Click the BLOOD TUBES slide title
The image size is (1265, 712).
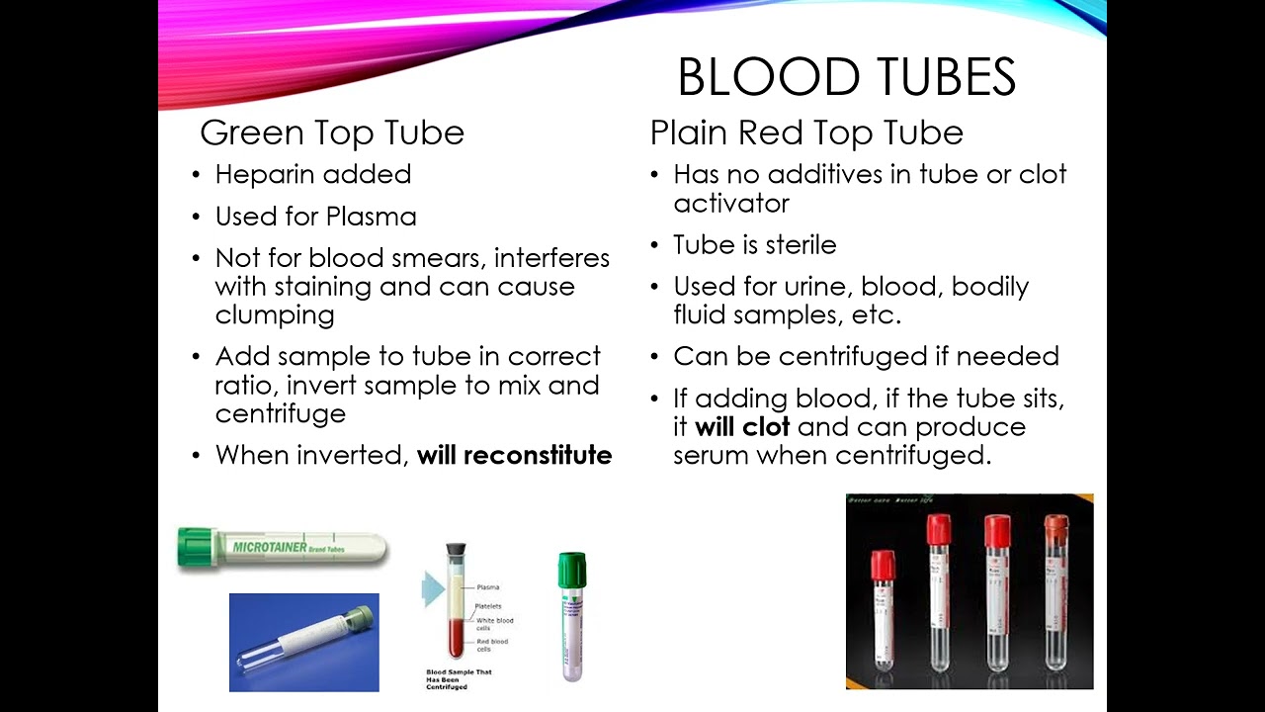846,77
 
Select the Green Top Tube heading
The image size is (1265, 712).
331,133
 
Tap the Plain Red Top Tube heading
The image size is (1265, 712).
805,133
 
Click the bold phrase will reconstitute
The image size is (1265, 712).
514,455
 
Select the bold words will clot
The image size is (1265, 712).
742,427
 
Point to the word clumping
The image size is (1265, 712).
275,315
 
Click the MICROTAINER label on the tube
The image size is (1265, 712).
272,546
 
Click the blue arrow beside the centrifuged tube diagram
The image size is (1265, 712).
433,589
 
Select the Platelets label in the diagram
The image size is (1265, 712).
489,606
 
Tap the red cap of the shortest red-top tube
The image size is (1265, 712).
882,566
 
